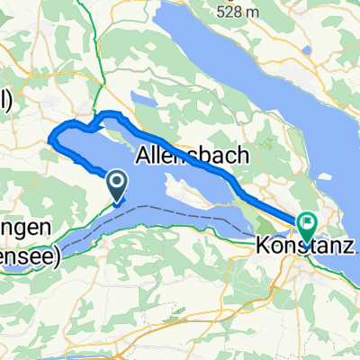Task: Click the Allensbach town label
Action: point(192,156)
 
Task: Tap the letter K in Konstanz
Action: point(261,246)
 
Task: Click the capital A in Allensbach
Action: point(144,156)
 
